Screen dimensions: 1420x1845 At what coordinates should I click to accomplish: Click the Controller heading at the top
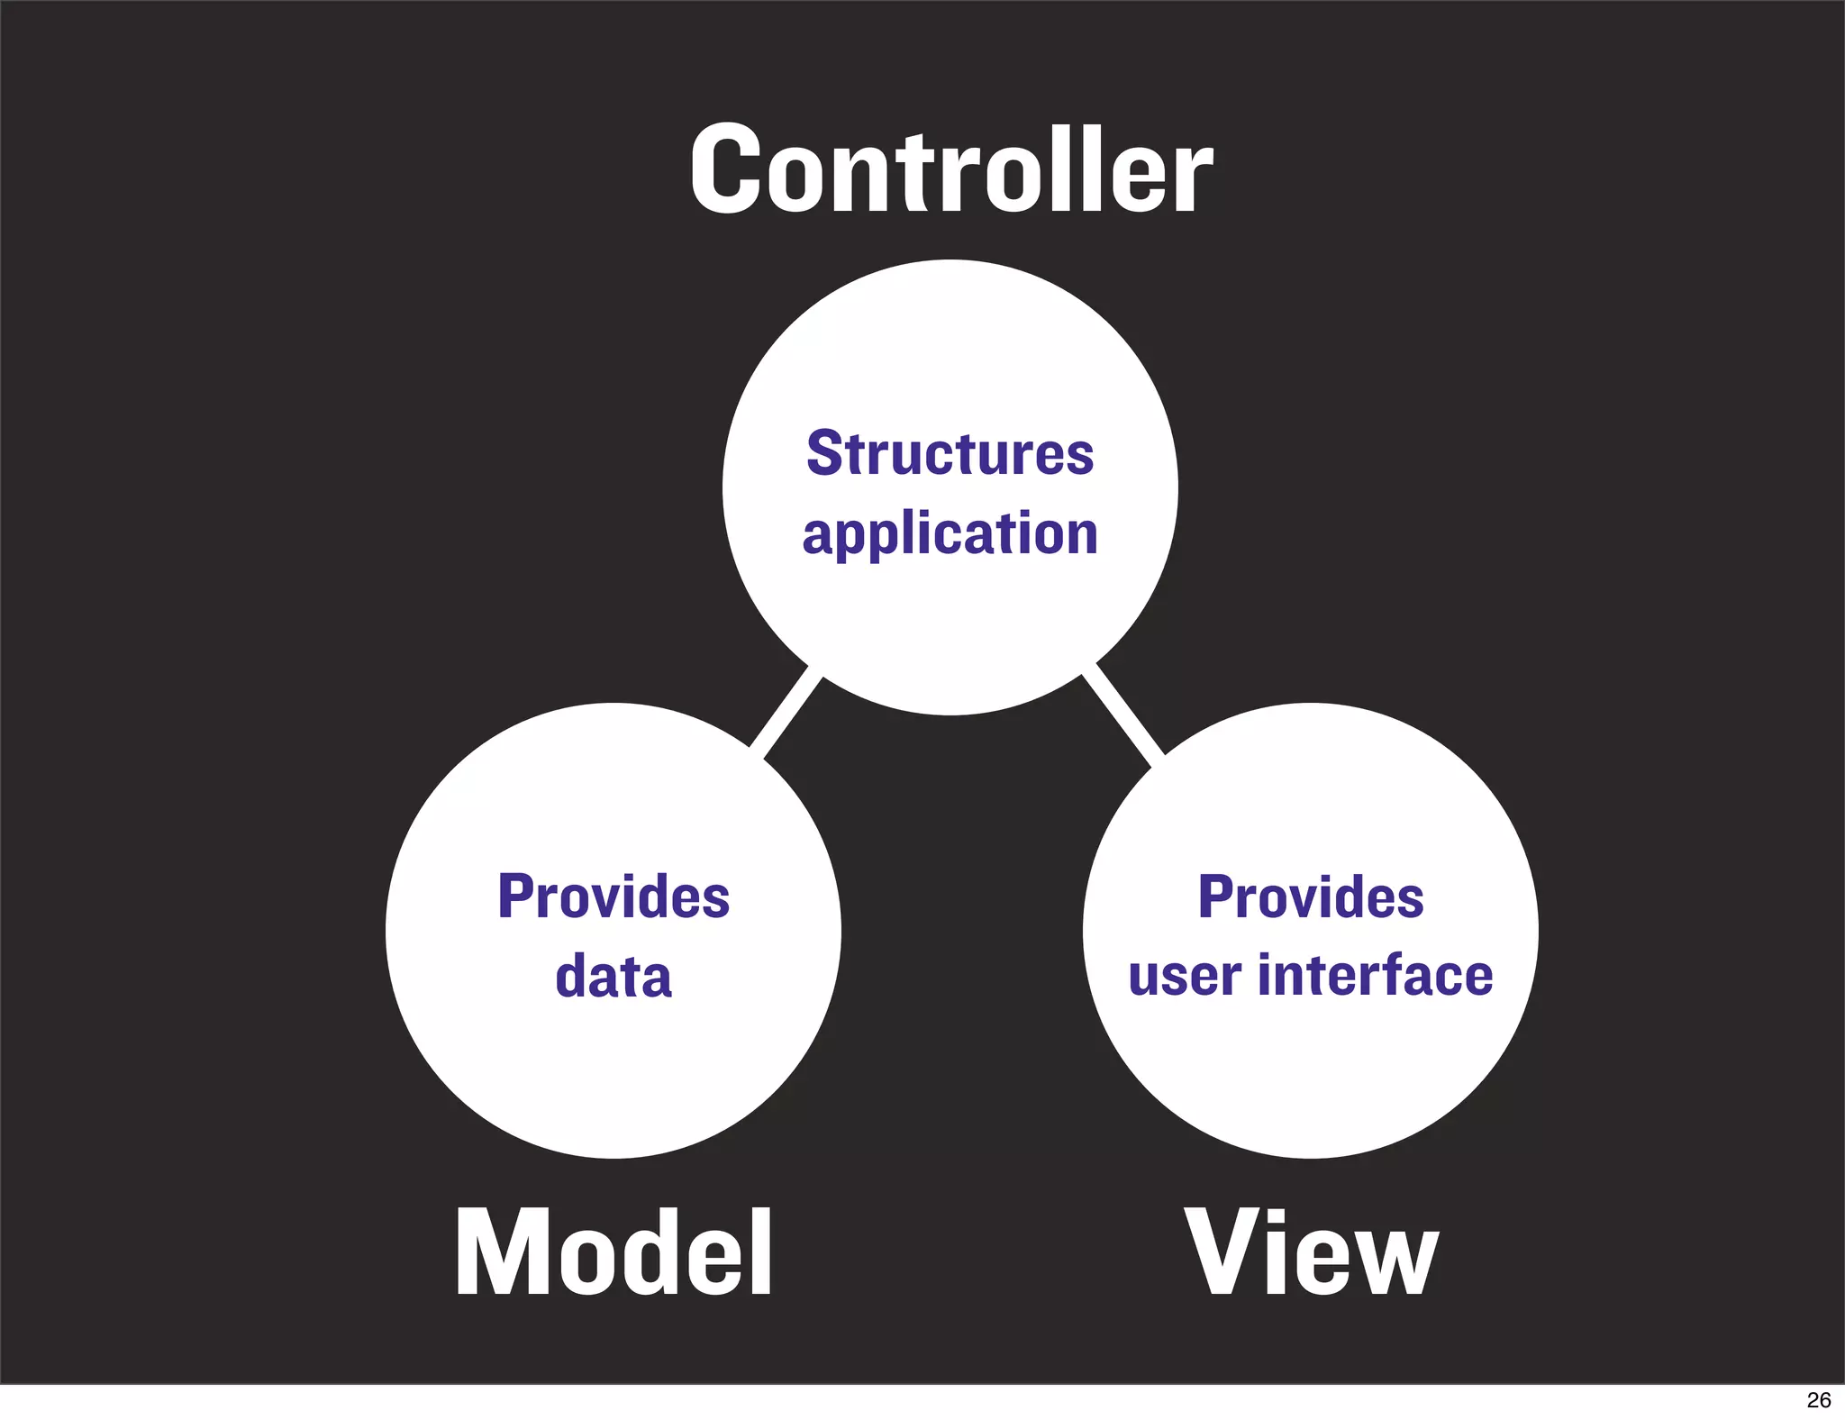pos(951,169)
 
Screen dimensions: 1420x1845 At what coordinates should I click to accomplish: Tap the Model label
pos(613,1253)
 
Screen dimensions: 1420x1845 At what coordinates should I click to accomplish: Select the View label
pos(1311,1253)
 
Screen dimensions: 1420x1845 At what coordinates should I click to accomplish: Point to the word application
pos(950,533)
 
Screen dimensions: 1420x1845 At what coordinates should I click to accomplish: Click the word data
pos(613,976)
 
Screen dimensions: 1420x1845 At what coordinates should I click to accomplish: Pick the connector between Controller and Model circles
pos(786,712)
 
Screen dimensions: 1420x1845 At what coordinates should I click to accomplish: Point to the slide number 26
pos(1819,1400)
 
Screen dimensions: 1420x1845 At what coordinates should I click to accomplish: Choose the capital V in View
pos(1218,1253)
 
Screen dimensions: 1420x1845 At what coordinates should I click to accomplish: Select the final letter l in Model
pos(761,1253)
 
